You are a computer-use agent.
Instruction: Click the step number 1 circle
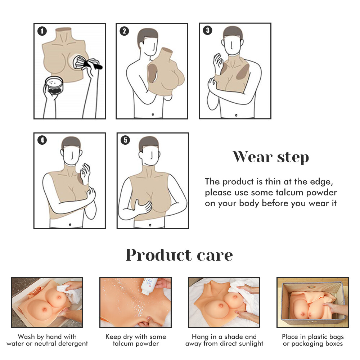pyautogui.click(x=42, y=31)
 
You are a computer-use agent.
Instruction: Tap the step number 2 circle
pyautogui.click(x=124, y=31)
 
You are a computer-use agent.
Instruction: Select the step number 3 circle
pyautogui.click(x=207, y=31)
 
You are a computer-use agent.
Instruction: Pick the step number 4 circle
pyautogui.click(x=42, y=140)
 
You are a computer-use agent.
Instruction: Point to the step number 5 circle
pyautogui.click(x=125, y=140)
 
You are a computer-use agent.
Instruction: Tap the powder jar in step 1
pyautogui.click(x=54, y=86)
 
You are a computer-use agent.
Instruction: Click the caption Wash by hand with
pyautogui.click(x=47, y=337)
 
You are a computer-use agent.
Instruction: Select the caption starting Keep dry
pyautogui.click(x=135, y=337)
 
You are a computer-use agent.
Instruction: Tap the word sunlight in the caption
pyautogui.click(x=249, y=344)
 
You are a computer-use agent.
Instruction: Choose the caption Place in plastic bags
pyautogui.click(x=312, y=337)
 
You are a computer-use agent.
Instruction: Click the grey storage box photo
pyautogui.click(x=312, y=302)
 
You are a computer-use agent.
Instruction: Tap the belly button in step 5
pyautogui.click(x=150, y=226)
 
